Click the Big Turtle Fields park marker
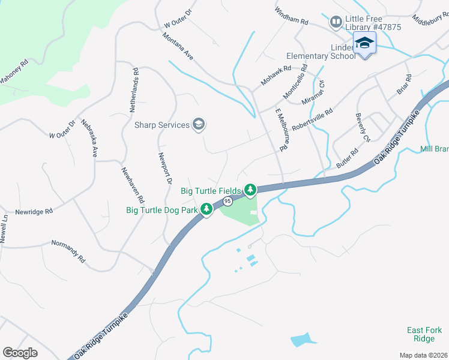pos(250,190)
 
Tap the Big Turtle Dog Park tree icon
pos(206,209)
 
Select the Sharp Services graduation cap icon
pos(199,125)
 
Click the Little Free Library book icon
pos(336,23)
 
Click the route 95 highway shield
pos(228,201)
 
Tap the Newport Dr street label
pos(165,169)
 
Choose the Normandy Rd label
pos(68,253)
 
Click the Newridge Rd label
pos(34,211)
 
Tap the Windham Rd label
pos(291,16)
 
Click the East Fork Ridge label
pos(424,334)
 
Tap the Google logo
pos(20,353)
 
